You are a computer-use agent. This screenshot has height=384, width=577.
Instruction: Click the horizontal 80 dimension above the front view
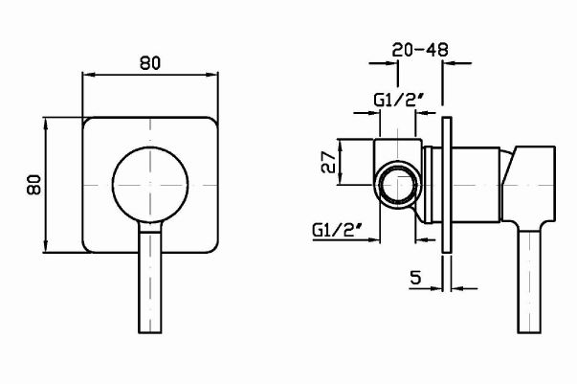(149, 62)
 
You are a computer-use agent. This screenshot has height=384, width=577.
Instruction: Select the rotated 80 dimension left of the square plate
(33, 185)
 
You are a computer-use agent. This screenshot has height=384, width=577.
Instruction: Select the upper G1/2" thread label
(394, 98)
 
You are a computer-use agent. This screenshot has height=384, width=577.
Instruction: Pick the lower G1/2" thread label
(337, 230)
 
